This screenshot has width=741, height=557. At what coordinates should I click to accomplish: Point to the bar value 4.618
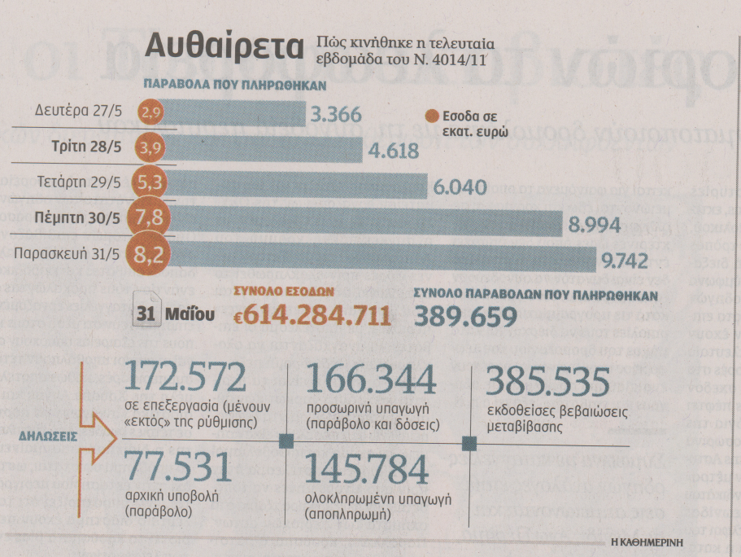[393, 152]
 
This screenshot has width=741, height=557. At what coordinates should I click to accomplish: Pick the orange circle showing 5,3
[150, 183]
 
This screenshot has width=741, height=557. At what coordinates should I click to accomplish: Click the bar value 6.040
[460, 188]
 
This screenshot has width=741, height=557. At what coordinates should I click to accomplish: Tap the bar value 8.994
[595, 226]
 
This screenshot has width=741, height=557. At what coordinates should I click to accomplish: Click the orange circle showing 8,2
[150, 256]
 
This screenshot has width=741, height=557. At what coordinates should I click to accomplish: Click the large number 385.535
[548, 384]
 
